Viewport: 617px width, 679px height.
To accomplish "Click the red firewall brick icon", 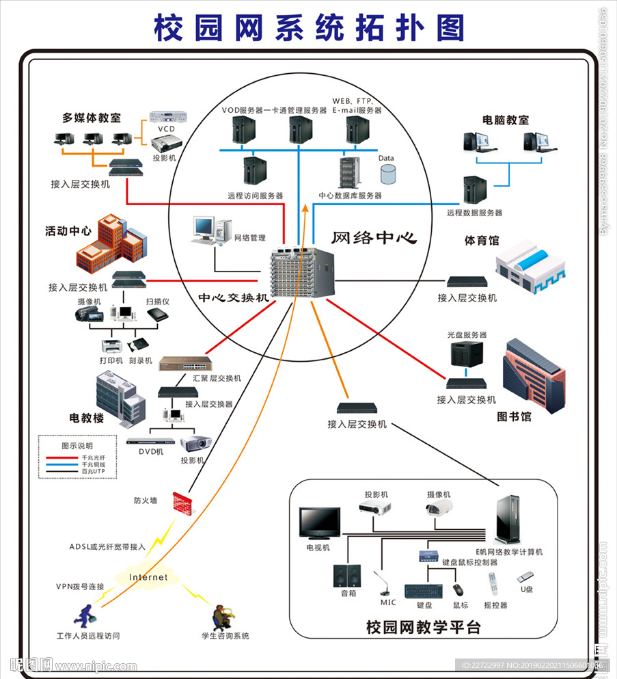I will (180, 503).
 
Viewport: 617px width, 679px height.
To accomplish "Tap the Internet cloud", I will (149, 577).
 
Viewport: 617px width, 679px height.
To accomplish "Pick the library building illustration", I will (533, 373).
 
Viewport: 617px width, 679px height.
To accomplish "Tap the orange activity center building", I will (111, 243).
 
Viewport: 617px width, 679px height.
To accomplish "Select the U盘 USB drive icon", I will (525, 577).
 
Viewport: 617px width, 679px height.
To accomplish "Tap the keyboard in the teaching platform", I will (424, 590).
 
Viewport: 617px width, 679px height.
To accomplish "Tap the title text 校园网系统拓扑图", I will (309, 27).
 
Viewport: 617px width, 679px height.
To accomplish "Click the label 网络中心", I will (373, 238).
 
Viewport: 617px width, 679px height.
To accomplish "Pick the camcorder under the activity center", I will (89, 313).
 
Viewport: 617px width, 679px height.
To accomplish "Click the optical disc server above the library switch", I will (466, 354).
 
